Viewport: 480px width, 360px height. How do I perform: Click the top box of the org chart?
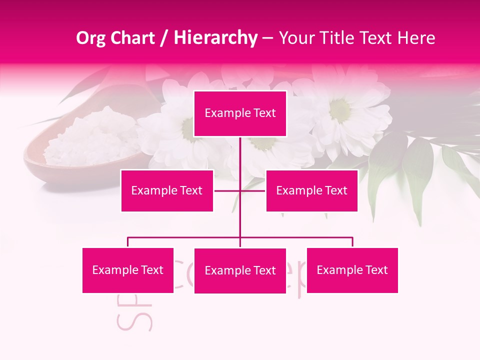click(x=240, y=113)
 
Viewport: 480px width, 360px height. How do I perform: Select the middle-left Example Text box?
click(x=167, y=190)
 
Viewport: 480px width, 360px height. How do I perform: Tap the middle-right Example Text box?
click(x=311, y=190)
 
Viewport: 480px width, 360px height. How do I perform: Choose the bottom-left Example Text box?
click(x=128, y=270)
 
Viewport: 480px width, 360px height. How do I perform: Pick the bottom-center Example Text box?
click(x=240, y=270)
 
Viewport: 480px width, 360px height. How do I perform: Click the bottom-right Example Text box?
click(x=352, y=270)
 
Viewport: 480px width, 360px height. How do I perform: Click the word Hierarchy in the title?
click(x=215, y=37)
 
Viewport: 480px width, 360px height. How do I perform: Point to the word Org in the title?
click(x=90, y=37)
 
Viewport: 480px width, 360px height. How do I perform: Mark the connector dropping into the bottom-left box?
click(x=128, y=242)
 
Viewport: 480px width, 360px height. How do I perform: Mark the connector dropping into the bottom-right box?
click(x=352, y=242)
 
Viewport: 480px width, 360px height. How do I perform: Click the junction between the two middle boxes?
click(x=240, y=190)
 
